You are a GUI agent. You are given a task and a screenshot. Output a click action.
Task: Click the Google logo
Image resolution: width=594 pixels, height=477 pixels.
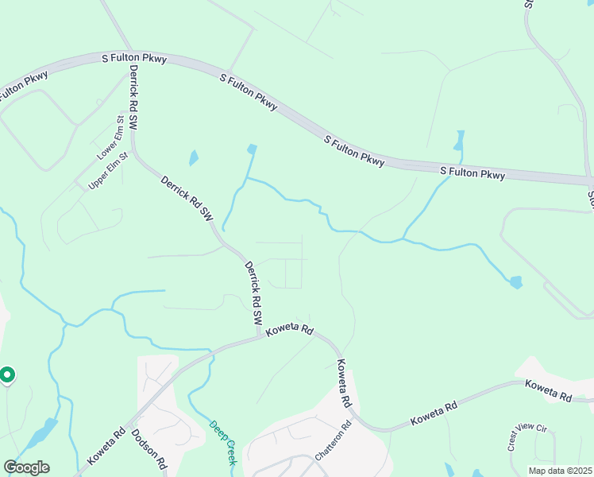[x=26, y=467]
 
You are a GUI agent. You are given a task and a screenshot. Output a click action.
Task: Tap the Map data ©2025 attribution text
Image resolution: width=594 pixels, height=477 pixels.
[x=560, y=471]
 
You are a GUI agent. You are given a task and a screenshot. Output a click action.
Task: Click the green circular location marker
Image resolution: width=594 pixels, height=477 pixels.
[x=7, y=374]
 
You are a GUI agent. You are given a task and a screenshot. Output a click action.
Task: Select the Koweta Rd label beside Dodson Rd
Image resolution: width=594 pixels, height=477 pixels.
[x=106, y=448]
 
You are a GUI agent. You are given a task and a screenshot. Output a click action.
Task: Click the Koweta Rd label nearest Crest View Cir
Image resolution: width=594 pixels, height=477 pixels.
[x=548, y=390]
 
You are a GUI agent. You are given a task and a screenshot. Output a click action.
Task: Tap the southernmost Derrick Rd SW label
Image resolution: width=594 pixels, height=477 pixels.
[x=253, y=293]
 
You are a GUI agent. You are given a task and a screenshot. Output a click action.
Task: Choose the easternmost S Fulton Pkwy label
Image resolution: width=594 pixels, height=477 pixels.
[x=472, y=173]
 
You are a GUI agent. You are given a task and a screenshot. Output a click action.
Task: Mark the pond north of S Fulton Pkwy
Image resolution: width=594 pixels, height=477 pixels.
[x=458, y=142]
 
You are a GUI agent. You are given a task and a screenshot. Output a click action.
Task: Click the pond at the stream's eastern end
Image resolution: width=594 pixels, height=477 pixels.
[x=516, y=282]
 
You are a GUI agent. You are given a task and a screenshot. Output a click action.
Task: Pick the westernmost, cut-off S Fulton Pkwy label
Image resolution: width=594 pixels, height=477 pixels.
[x=24, y=86]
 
